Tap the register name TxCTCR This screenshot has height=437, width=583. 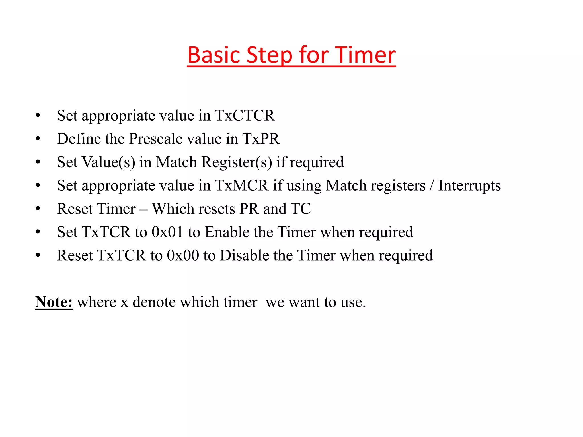point(245,116)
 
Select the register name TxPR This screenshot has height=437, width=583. point(261,139)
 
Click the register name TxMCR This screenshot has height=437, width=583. point(241,185)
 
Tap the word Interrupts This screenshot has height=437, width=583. point(469,185)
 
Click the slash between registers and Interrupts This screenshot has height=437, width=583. point(432,185)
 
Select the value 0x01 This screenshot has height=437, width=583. point(167,232)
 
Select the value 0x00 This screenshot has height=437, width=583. point(183,255)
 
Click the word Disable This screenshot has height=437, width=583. point(245,255)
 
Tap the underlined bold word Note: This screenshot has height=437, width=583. point(54,302)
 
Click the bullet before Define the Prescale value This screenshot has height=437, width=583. point(38,139)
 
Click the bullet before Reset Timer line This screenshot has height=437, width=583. point(38,209)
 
